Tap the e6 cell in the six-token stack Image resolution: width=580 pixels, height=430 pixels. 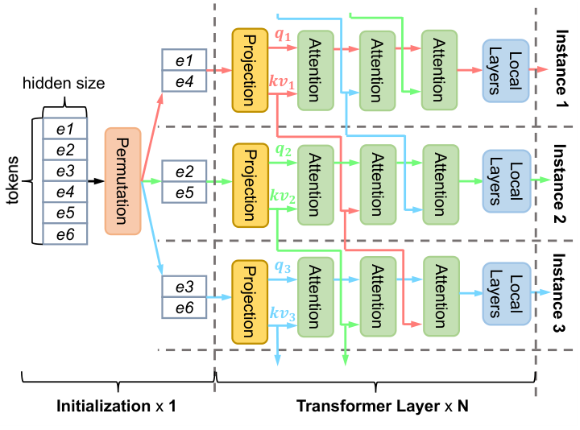(64, 234)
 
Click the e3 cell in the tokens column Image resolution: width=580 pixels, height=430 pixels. (64, 172)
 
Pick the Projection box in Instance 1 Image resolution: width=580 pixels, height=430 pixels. (249, 70)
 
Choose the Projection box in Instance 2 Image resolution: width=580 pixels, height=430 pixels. (249, 183)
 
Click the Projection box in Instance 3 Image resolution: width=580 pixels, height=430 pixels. (249, 299)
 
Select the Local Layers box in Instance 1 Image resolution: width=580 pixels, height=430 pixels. (505, 70)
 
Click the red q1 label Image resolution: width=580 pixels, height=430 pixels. (282, 35)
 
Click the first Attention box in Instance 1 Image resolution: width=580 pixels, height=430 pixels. (315, 70)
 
